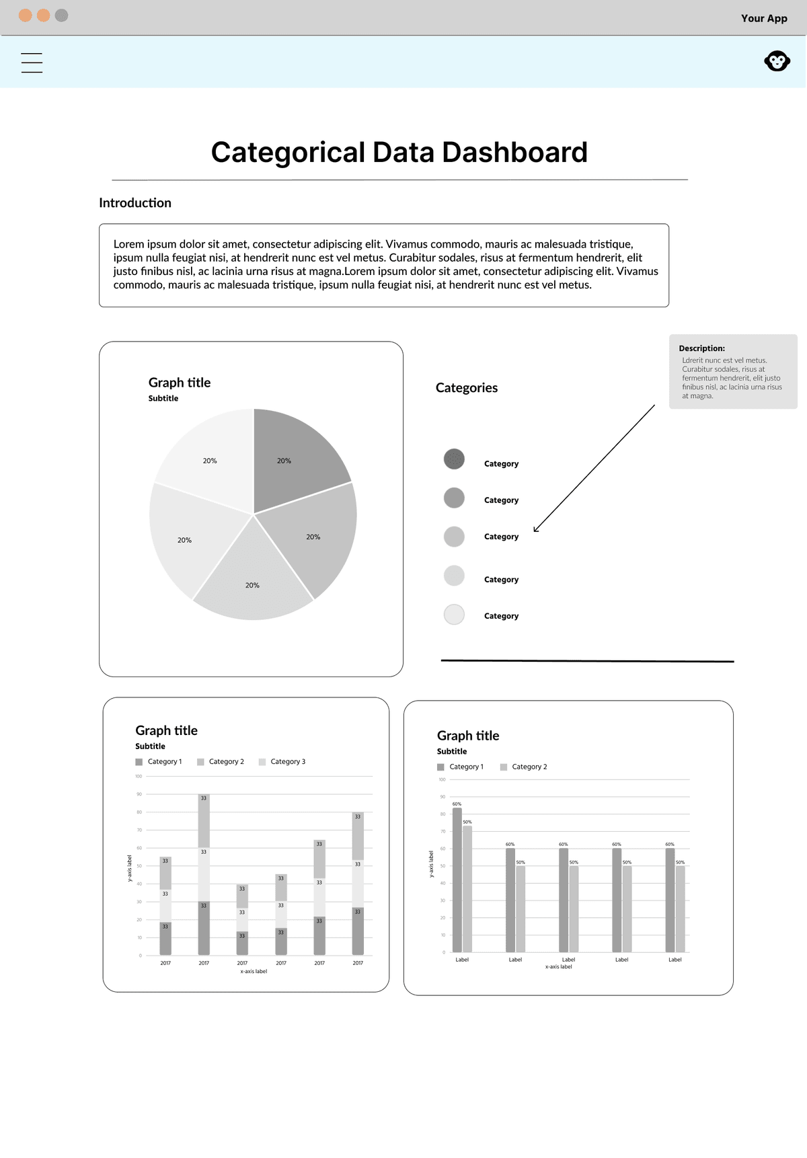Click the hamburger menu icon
coord(32,63)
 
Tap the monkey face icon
coord(777,61)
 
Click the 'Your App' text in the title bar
coord(763,18)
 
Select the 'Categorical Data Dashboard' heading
coord(399,152)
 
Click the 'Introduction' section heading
coord(135,203)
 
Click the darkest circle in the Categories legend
coord(454,459)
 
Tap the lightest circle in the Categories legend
coord(454,615)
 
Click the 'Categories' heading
coord(467,388)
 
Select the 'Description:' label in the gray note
coord(701,348)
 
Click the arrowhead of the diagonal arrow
coord(536,529)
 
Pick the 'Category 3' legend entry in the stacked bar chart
coord(287,762)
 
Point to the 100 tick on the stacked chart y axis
coord(139,777)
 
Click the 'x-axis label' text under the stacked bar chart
coord(254,972)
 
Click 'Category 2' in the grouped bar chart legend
coord(529,767)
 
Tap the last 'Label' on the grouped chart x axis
coord(675,960)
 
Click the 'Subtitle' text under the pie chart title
coord(163,399)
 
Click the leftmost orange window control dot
coord(26,15)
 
